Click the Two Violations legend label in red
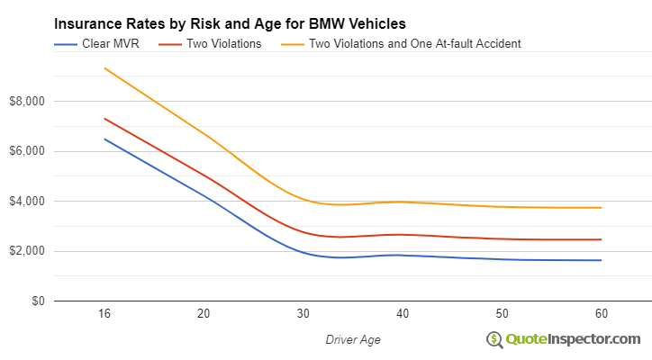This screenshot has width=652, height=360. coord(223,43)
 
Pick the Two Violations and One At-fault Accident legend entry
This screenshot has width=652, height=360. coord(414,43)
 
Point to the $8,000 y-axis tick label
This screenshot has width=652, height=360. coord(26,101)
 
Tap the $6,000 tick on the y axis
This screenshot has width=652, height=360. coord(26,151)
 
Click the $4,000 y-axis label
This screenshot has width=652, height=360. coord(26,201)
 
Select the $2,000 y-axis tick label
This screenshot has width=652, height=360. coord(26,251)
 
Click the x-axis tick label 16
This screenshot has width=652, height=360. coord(104,313)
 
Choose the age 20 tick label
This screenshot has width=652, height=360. coord(204,313)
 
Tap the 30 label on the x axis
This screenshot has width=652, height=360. coord(303,313)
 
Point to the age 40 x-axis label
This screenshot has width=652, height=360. coord(403,313)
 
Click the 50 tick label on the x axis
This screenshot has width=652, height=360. coord(503,313)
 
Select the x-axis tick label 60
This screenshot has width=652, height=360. coord(602,313)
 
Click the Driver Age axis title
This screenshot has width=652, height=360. coord(352,339)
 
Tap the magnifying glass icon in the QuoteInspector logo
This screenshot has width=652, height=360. coord(494,339)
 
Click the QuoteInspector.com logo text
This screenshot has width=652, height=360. coord(572,338)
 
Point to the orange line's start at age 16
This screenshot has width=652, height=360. coord(104,68)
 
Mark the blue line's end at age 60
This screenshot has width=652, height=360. coord(602,260)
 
